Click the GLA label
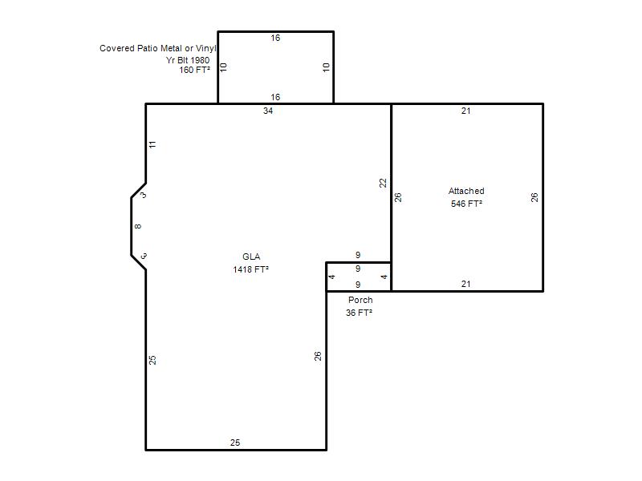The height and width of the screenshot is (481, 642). point(251,257)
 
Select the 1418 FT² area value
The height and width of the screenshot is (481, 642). point(250,269)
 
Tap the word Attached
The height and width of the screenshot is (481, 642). point(466,191)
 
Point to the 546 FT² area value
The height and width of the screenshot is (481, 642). point(466,204)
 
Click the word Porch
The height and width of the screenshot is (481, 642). point(360,300)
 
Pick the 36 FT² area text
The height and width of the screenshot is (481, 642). point(359,313)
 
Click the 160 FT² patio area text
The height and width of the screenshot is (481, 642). point(194,70)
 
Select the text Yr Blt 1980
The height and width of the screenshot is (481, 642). point(188,60)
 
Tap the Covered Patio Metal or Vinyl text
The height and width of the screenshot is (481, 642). point(157,48)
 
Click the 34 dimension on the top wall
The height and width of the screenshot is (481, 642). point(268,111)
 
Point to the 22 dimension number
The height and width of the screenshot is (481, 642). point(383,183)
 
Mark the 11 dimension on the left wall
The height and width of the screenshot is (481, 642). point(152,144)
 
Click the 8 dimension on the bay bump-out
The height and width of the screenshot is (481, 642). point(138,226)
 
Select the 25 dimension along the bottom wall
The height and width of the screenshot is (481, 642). point(235,443)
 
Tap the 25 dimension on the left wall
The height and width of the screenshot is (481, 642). point(152,360)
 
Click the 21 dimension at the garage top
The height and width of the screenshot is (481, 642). point(466,111)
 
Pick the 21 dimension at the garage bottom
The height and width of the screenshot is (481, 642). point(466,284)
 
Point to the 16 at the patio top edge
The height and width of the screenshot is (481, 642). point(275,38)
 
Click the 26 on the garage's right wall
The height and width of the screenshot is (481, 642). point(534,197)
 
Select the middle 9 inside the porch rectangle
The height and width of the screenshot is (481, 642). point(358,269)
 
